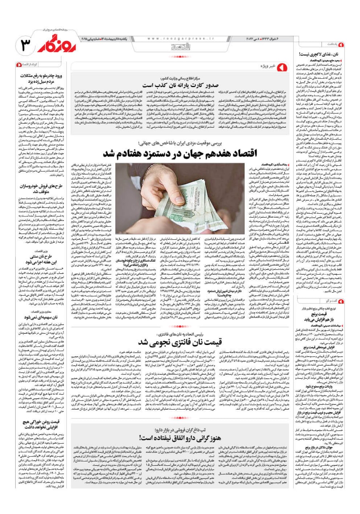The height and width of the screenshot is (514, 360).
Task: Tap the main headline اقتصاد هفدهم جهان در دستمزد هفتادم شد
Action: pos(180,154)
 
